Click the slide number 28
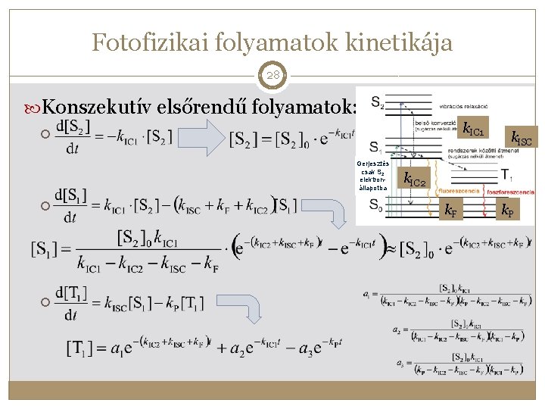(272, 76)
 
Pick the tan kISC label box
(521, 138)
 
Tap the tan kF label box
(449, 211)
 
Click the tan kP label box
(506, 211)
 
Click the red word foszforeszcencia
(510, 192)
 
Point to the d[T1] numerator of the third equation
(72, 291)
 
